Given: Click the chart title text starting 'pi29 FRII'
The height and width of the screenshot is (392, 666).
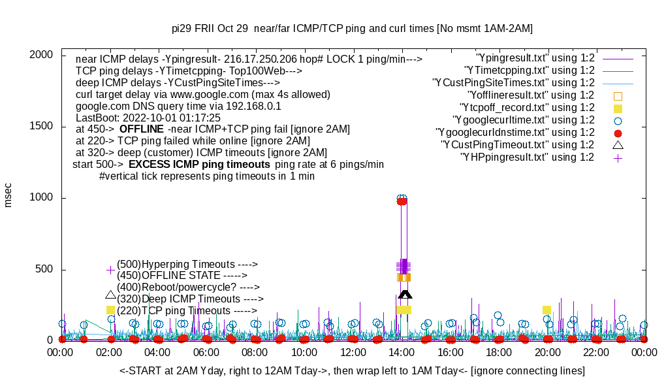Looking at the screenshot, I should pos(352,29).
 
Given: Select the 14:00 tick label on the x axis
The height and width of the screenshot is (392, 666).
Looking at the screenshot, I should pos(401,352).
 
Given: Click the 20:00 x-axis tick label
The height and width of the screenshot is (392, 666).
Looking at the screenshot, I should pos(547,352).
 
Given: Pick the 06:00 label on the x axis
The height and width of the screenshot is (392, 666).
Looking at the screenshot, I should pos(206,352).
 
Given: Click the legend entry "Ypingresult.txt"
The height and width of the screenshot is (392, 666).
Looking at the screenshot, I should pos(535,58).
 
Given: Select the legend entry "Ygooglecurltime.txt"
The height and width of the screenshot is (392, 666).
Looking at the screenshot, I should pos(523,120).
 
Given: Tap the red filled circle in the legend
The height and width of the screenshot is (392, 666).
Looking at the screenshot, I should pos(618,133).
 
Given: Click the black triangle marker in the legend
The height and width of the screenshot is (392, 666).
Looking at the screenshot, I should pos(618,144).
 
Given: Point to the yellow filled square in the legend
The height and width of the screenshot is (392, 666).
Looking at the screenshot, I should pos(618,108).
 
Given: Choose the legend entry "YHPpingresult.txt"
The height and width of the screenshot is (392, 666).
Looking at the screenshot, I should pos(527,157).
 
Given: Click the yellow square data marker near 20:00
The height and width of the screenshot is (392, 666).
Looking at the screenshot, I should pos(547,310).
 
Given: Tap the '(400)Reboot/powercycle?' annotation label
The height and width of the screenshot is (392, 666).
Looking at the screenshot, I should pos(188,287).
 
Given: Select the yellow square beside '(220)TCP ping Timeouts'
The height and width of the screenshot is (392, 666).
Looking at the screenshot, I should pos(110,310).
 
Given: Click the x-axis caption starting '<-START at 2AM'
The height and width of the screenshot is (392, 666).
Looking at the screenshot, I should pos(352,371).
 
